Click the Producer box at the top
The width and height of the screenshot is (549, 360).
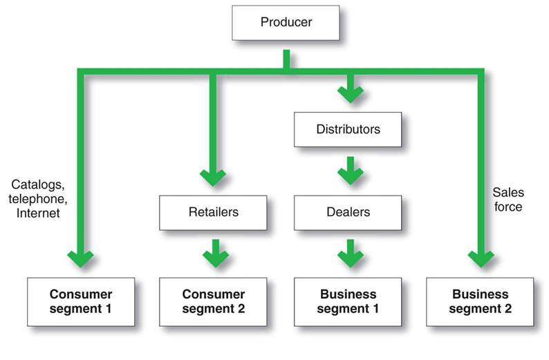286,22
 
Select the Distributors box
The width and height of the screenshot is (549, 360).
347,129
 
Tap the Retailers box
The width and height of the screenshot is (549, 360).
213,212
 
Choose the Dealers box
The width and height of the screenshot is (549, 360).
347,212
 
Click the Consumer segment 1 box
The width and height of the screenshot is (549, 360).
81,301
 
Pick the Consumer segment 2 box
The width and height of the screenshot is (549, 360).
213,301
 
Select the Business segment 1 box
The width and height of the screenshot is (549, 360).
347,301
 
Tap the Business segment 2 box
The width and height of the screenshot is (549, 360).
480,301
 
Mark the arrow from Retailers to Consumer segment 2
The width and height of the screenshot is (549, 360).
215,255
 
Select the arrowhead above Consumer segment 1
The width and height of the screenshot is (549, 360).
81,258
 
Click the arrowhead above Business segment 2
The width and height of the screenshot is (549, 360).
481,258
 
